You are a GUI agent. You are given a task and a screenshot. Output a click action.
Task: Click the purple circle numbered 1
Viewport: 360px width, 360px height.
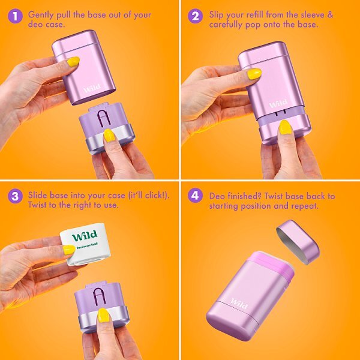pyautogui.click(x=15, y=16)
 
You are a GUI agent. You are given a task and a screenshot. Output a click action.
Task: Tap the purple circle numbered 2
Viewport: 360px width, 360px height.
pyautogui.click(x=196, y=16)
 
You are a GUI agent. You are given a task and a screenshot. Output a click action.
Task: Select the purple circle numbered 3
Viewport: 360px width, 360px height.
pyautogui.click(x=15, y=196)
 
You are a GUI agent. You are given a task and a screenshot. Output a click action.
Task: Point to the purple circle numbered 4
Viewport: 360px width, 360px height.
pyautogui.click(x=196, y=196)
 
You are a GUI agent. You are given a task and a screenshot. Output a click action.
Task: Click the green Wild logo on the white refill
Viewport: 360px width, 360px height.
pyautogui.click(x=85, y=236)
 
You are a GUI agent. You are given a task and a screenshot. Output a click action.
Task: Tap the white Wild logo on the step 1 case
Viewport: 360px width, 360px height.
pyautogui.click(x=92, y=88)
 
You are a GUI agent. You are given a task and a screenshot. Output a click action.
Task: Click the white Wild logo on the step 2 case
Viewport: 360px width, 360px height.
pyautogui.click(x=278, y=104)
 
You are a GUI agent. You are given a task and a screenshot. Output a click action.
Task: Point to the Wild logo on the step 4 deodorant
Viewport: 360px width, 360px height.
pyautogui.click(x=239, y=303)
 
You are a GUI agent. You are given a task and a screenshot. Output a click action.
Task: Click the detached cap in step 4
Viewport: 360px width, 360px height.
pyautogui.click(x=298, y=242)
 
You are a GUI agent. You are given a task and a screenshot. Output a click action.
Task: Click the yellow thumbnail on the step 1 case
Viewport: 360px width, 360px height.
pyautogui.click(x=73, y=62)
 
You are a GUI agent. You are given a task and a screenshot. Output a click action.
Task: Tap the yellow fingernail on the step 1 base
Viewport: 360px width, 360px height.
pyautogui.click(x=109, y=136)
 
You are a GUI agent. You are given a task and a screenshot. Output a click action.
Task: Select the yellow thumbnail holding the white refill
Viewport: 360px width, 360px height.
pyautogui.click(x=69, y=250)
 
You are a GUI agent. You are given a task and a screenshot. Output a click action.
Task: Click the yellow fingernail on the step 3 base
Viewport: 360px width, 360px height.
pyautogui.click(x=103, y=315)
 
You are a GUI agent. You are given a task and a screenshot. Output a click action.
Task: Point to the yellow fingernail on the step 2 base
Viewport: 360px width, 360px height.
pyautogui.click(x=285, y=127)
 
